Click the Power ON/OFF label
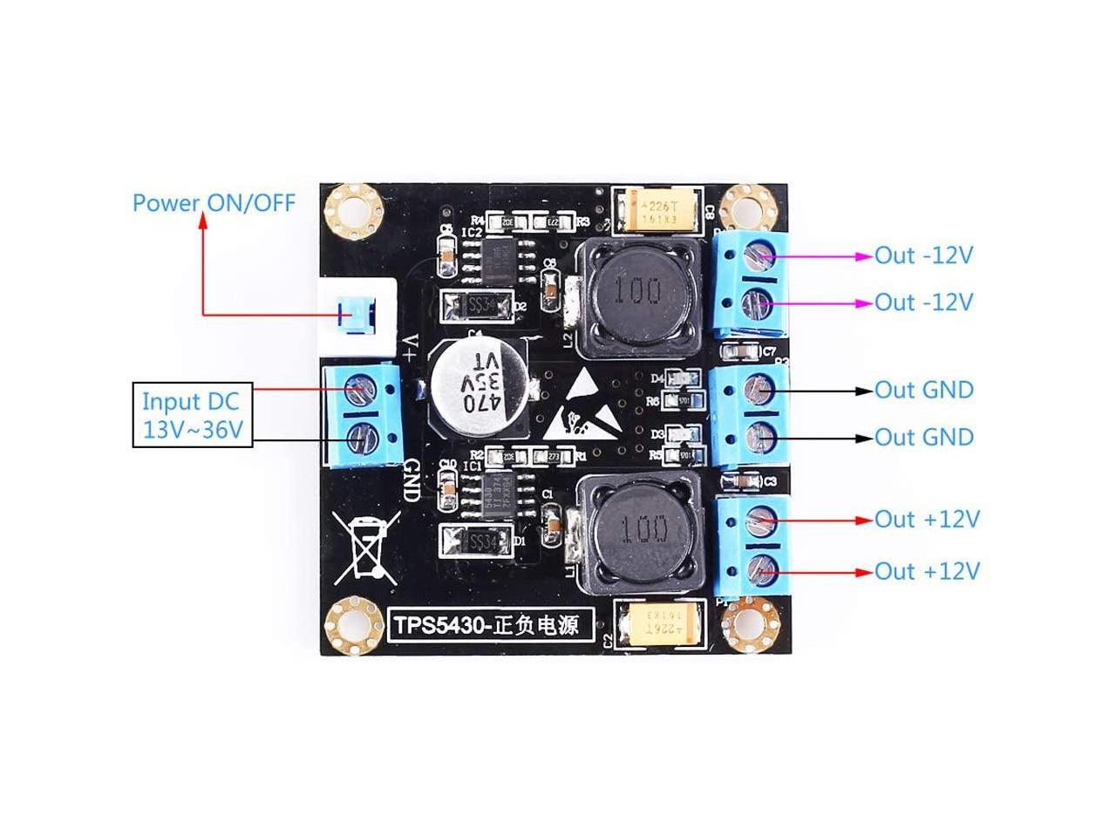pos(214,203)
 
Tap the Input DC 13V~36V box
pos(192,415)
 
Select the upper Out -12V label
pos(923,255)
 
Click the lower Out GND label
pos(923,437)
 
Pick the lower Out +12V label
pos(927,571)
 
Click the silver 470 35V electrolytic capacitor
pos(474,384)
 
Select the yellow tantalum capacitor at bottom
pos(659,627)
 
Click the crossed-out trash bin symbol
pos(367,544)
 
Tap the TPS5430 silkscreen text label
pos(485,624)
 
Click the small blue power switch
pos(357,314)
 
